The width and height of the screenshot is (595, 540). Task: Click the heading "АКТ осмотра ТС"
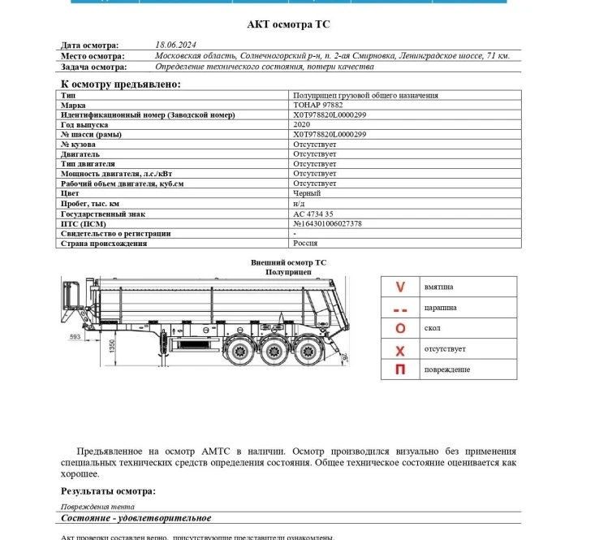pyautogui.click(x=289, y=25)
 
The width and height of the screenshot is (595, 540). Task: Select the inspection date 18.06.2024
pyautogui.click(x=176, y=45)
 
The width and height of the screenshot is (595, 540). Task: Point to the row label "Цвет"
pyautogui.click(x=69, y=193)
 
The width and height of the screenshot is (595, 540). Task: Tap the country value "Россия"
pyautogui.click(x=306, y=243)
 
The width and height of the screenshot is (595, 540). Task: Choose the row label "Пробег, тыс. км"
pyautogui.click(x=90, y=203)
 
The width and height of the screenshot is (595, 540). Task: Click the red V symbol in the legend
pyautogui.click(x=399, y=287)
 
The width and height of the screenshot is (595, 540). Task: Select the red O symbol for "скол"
pyautogui.click(x=399, y=328)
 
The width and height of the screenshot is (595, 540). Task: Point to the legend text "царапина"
pyautogui.click(x=440, y=308)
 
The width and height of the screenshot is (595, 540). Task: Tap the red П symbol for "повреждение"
pyautogui.click(x=399, y=369)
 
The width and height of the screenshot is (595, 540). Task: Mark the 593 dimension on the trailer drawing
pyautogui.click(x=75, y=335)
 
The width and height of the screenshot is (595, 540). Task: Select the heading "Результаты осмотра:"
pyautogui.click(x=108, y=490)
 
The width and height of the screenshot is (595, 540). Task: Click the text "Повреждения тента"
pyautogui.click(x=92, y=506)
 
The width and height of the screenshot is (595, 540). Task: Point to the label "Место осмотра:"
pyautogui.click(x=93, y=56)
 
